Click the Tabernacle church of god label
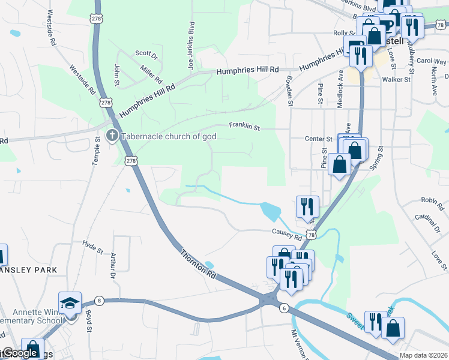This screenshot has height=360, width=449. coord(169,136)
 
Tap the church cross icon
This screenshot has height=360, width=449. coord(112,136)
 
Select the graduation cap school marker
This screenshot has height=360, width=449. coord(70,302)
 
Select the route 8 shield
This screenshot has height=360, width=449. coord(99,300)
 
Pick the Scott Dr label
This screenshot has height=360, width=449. coord(146,55)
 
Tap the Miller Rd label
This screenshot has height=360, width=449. coord(151,75)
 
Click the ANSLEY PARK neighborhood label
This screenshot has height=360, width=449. coord(29,270)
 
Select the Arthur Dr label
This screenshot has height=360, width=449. coord(112,266)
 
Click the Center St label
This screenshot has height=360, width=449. coord(318,139)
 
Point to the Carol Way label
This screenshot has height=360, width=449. coord(431,61)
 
